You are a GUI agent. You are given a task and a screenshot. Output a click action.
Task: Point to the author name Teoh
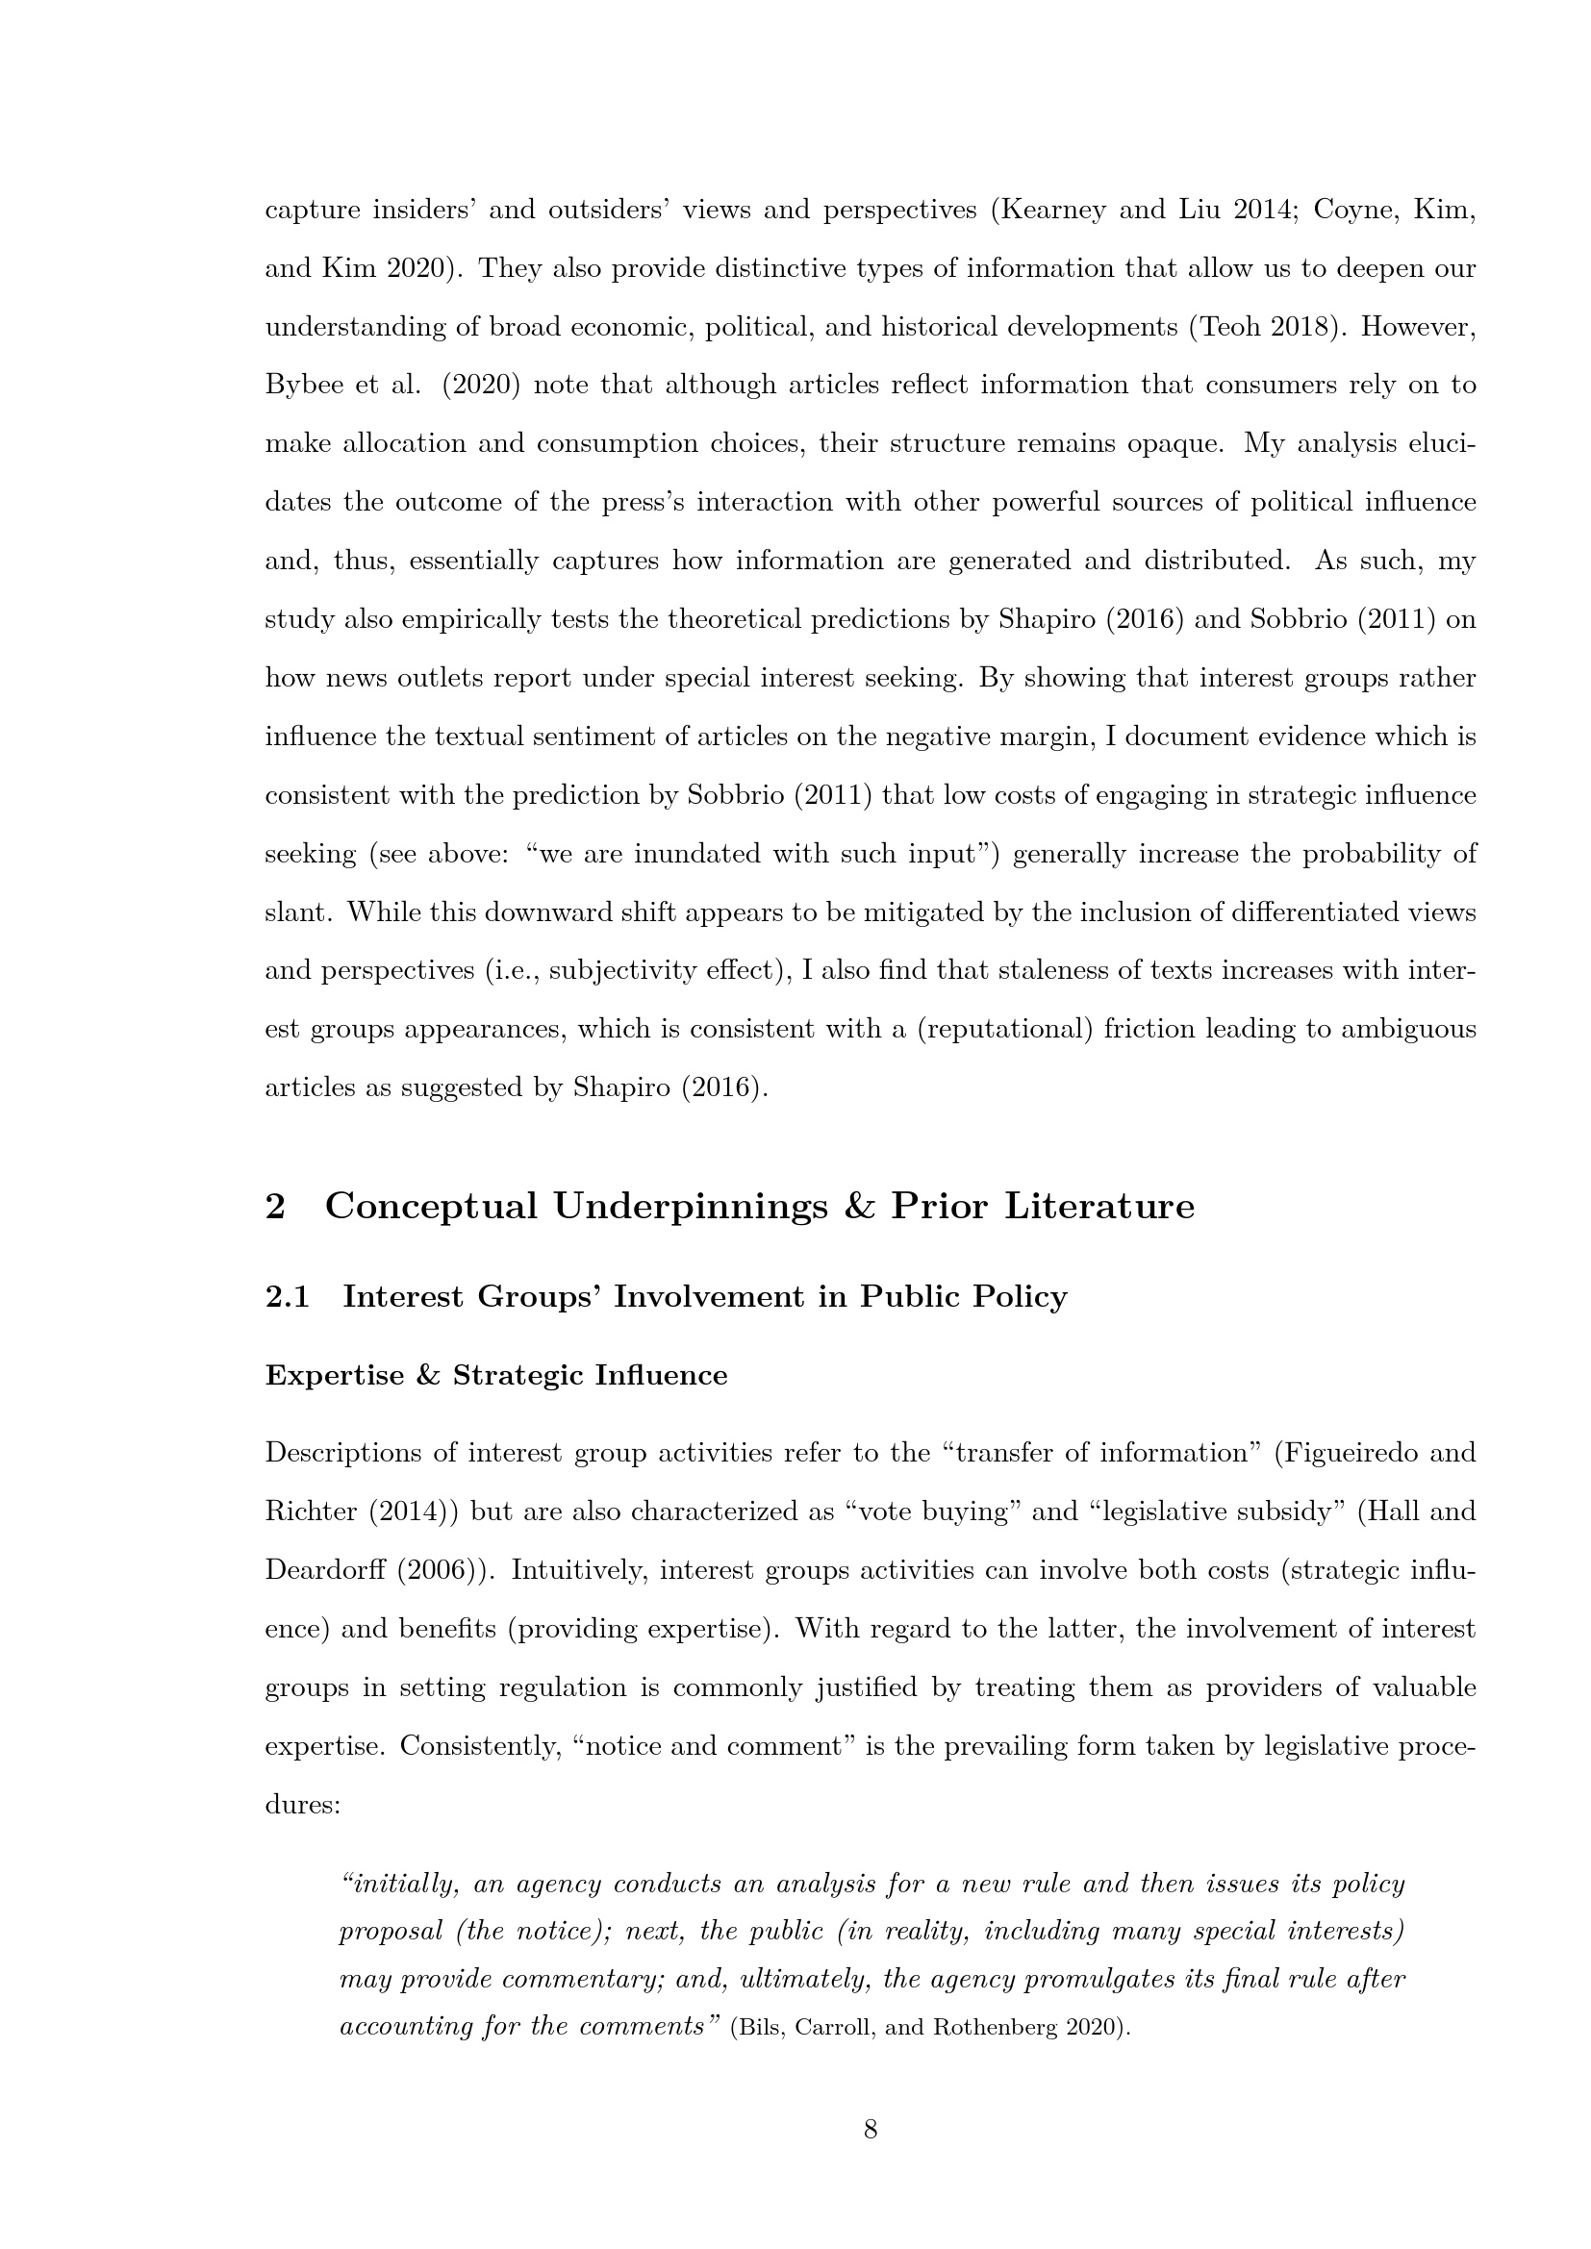click(x=1227, y=327)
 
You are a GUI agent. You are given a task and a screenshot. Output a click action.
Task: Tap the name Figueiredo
click(x=1353, y=1453)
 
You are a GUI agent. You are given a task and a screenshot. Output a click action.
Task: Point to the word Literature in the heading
click(x=1099, y=1206)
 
